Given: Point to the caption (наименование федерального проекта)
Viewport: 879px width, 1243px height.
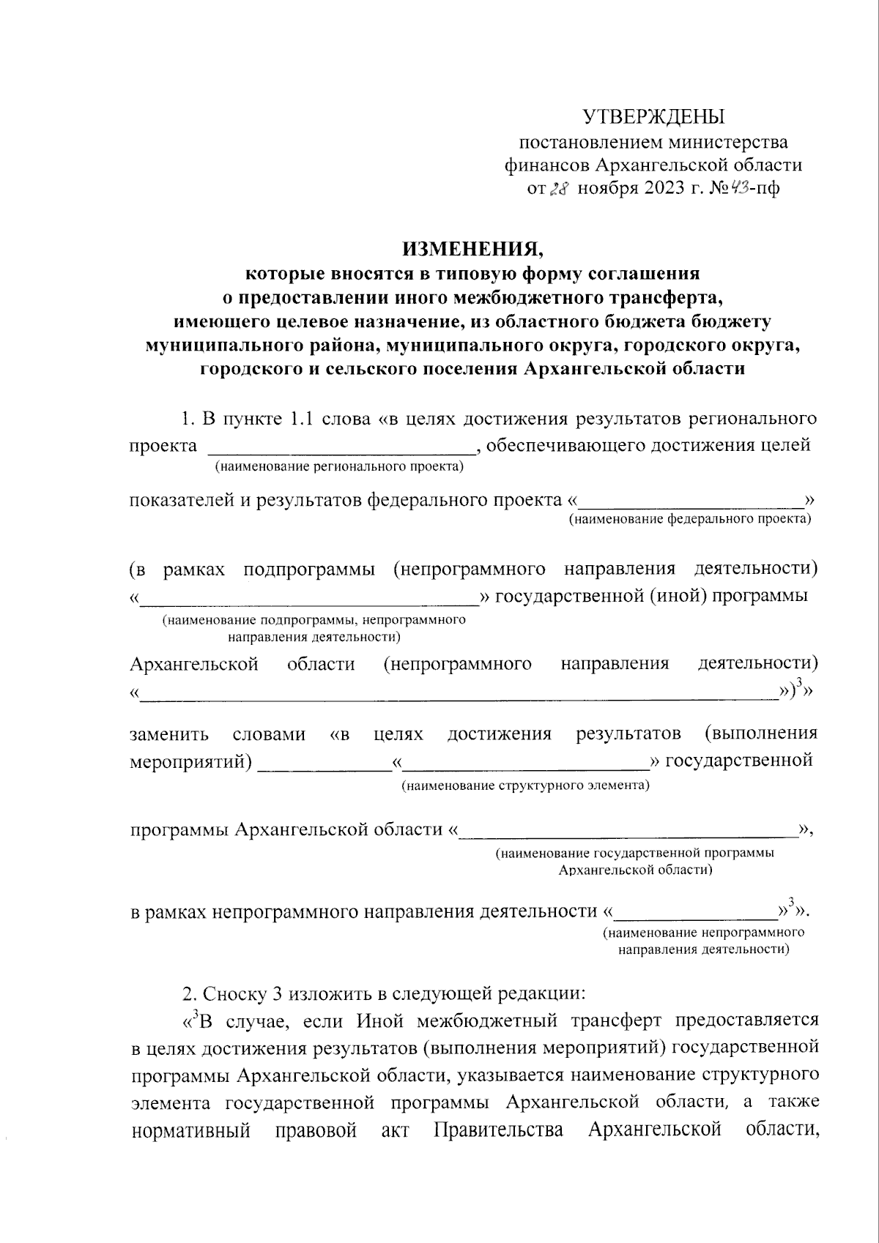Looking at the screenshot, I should tap(690, 519).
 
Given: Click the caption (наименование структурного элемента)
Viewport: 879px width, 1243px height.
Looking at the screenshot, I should tap(525, 785).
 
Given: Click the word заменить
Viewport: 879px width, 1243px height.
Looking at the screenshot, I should tap(169, 734).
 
